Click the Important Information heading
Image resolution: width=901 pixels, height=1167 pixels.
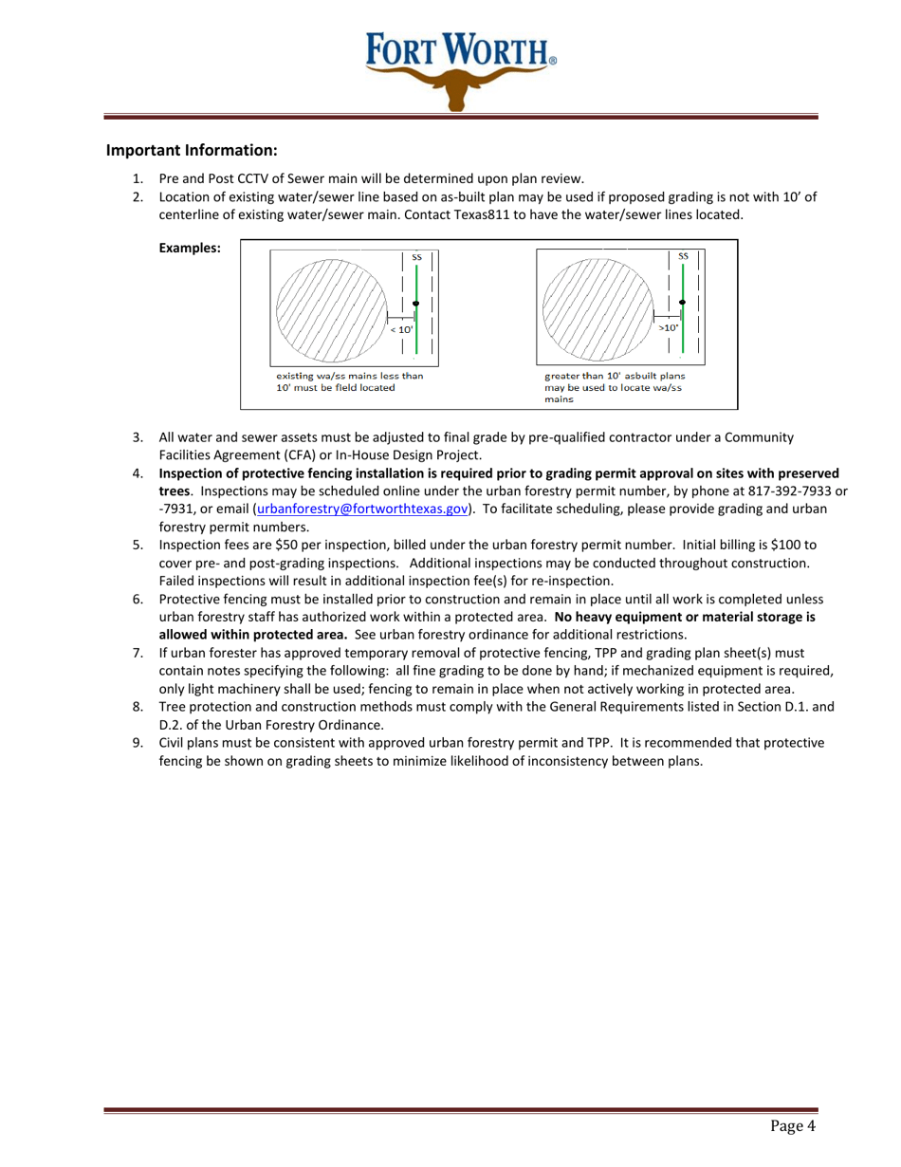coord(192,150)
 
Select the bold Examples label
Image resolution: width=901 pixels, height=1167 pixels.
coord(191,249)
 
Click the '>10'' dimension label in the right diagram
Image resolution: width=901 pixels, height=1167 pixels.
coord(670,327)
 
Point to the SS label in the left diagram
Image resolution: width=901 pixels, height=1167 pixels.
coord(416,256)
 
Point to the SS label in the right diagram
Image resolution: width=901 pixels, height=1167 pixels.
coord(683,256)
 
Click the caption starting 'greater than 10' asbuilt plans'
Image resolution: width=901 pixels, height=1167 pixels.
coord(615,376)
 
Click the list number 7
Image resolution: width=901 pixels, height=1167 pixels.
coord(138,653)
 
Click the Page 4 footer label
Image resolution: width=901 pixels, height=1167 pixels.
coord(792,1126)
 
